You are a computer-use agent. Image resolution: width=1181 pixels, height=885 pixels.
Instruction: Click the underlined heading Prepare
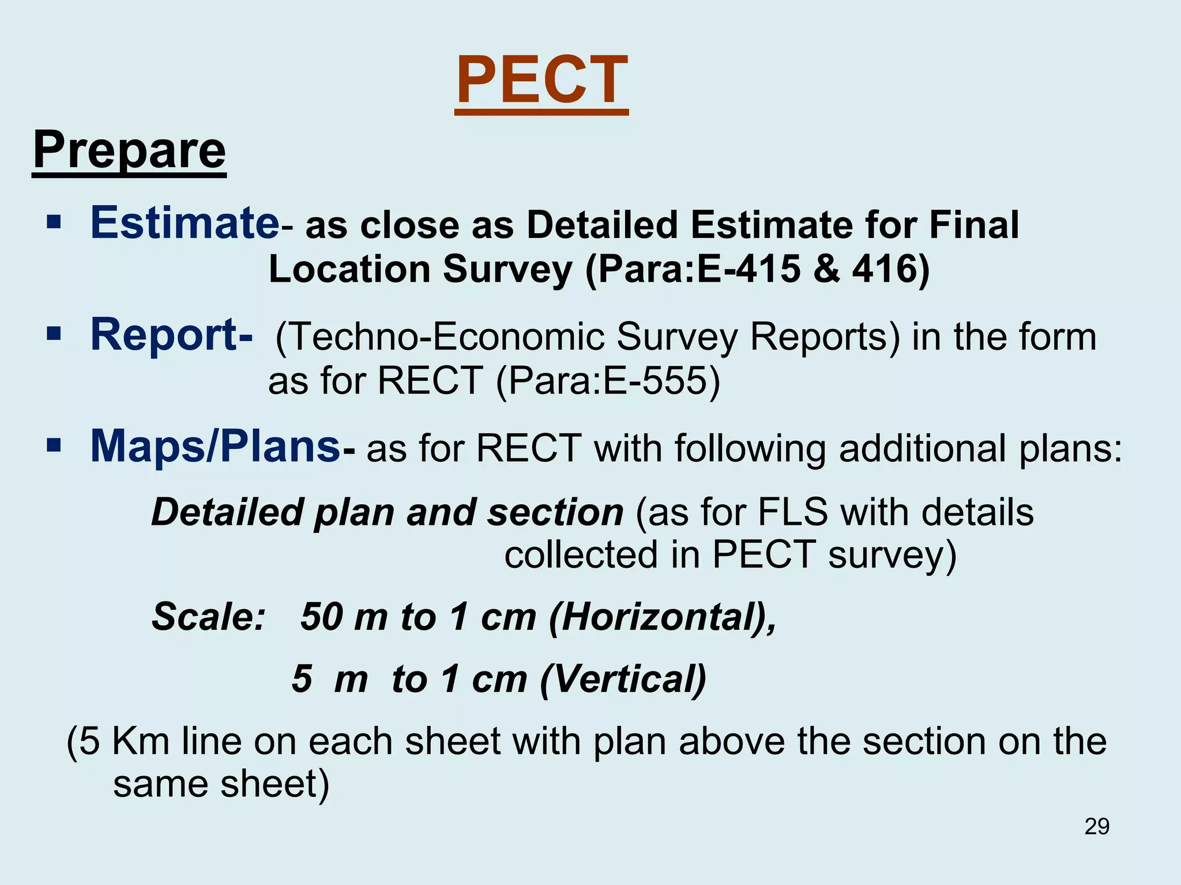point(129,150)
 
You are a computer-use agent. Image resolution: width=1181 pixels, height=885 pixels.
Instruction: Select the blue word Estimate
point(185,223)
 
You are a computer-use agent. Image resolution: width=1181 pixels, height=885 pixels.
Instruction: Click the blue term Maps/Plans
point(215,447)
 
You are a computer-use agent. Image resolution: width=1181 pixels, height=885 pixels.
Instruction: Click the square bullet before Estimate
point(54,222)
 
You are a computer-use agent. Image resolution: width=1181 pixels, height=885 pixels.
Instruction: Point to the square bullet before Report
point(54,334)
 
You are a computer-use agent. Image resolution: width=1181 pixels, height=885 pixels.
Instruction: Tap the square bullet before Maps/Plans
point(54,445)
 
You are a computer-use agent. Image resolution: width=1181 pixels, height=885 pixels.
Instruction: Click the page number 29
point(1096,827)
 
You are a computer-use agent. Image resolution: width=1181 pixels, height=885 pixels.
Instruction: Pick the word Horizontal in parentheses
point(657,617)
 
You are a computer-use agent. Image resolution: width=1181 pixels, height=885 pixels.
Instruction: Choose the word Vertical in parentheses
point(623,679)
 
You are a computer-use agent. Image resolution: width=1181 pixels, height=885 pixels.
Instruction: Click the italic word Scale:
point(208,617)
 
